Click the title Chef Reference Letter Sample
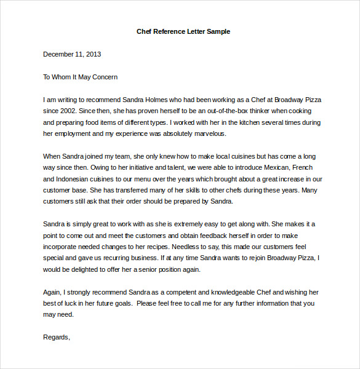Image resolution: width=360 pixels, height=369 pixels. click(x=183, y=31)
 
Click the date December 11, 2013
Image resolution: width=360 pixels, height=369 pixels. click(x=72, y=54)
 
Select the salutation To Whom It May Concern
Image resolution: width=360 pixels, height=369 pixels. click(x=80, y=77)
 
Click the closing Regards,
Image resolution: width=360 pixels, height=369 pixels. click(x=57, y=337)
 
